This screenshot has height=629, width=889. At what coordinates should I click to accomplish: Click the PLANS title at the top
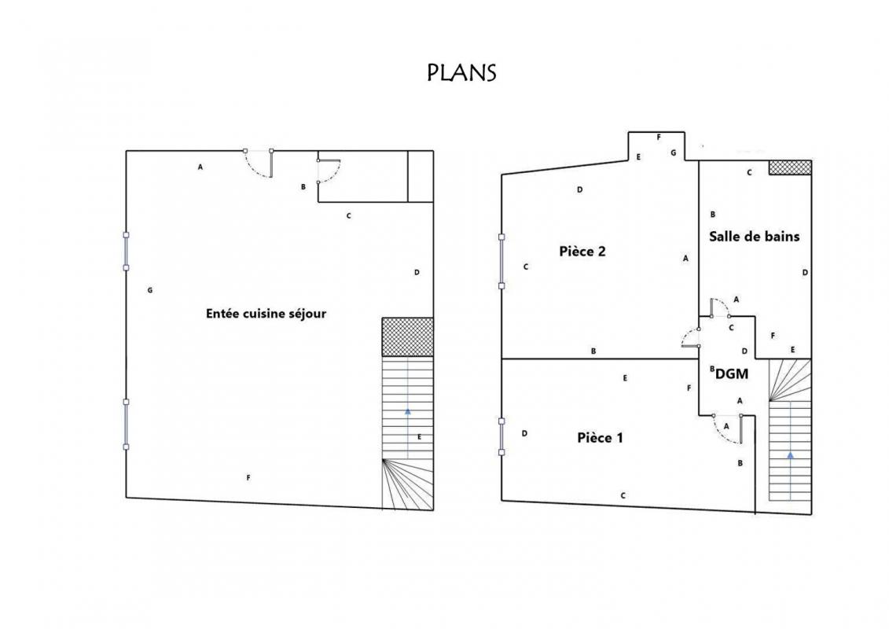[x=461, y=72]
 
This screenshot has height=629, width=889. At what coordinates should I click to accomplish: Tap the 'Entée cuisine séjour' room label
[x=266, y=314]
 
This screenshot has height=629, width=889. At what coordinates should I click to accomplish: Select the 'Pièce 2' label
[x=582, y=252]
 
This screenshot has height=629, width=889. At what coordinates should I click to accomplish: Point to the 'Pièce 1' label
[x=600, y=438]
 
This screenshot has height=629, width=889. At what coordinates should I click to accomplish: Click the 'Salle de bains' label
[x=754, y=237]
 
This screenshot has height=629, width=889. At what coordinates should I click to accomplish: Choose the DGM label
[x=732, y=374]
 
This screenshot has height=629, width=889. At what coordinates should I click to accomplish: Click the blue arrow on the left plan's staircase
[x=408, y=433]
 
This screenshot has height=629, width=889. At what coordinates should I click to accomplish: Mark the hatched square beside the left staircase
[x=408, y=337]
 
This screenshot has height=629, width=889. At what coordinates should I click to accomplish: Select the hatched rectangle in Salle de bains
[x=790, y=167]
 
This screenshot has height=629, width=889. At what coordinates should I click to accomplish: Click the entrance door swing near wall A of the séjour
[x=259, y=164]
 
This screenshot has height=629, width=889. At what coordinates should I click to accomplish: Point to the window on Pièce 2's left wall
[x=501, y=262]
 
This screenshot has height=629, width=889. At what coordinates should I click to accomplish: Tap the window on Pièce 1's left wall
[x=501, y=436]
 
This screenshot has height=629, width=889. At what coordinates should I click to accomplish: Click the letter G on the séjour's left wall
[x=149, y=290]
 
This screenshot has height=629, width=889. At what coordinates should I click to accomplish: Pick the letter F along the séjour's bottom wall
[x=248, y=478]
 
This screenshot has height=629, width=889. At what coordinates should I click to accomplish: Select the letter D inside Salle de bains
[x=805, y=273]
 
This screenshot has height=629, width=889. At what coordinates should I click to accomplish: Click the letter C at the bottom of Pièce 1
[x=623, y=495]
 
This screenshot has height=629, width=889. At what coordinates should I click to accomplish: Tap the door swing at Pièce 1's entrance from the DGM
[x=727, y=429]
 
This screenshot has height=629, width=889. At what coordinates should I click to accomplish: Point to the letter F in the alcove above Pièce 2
[x=659, y=138]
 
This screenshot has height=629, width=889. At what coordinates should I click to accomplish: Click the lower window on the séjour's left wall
[x=126, y=425]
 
